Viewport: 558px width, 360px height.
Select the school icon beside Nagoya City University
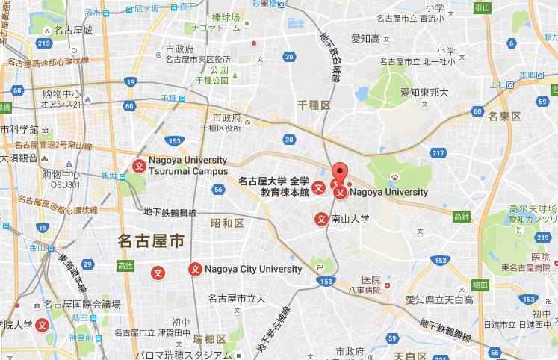[x=195, y=269]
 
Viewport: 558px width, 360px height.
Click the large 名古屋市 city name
[x=151, y=240]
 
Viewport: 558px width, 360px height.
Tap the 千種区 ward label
[x=314, y=107]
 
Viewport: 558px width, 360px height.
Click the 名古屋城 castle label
[x=77, y=31]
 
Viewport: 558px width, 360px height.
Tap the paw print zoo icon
[x=394, y=177]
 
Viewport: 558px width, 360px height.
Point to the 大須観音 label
[x=19, y=158]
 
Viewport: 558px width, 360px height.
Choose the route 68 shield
[x=17, y=90]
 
